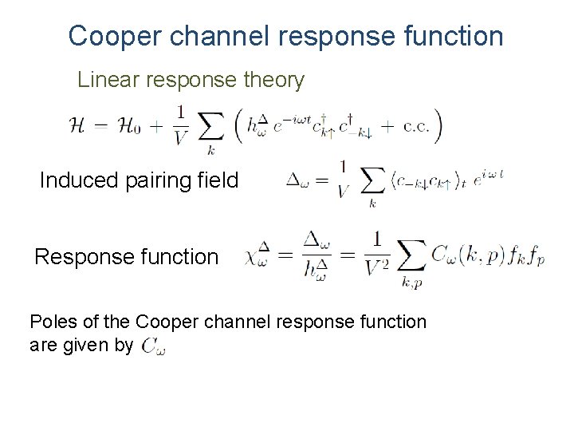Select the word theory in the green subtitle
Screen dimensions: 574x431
coord(275,80)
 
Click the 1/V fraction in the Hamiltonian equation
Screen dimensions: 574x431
coord(181,125)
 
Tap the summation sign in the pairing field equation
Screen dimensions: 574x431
coord(372,183)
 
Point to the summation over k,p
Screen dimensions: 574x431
coord(412,258)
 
